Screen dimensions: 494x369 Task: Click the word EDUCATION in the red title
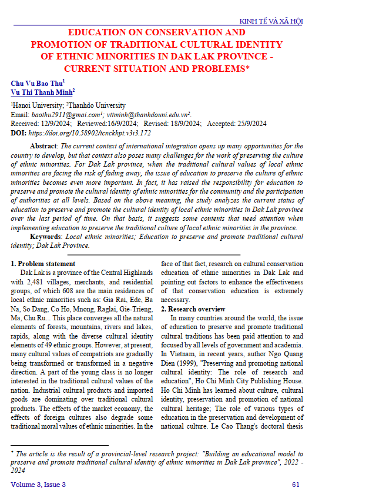point(97,32)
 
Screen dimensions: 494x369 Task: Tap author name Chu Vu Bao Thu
point(36,84)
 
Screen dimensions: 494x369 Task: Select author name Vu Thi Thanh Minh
point(41,92)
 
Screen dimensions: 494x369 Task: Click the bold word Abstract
point(43,146)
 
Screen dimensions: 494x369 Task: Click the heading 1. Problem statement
point(43,264)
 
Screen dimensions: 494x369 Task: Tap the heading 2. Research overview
point(193,309)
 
